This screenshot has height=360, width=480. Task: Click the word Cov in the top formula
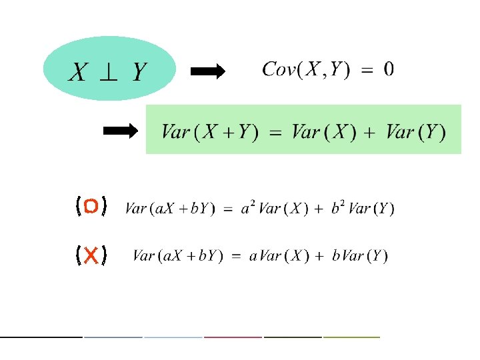click(279, 69)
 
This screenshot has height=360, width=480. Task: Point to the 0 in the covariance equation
click(389, 69)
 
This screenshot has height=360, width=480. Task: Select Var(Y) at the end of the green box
click(416, 131)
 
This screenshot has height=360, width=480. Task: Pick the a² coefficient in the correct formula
click(247, 207)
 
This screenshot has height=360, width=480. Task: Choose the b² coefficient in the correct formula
click(338, 207)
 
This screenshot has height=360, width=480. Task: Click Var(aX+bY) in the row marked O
click(169, 209)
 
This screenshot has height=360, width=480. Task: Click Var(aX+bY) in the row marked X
click(177, 256)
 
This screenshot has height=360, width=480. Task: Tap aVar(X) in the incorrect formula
click(278, 256)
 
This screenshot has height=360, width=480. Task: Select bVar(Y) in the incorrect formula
click(359, 256)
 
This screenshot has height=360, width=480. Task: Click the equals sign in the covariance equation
click(367, 70)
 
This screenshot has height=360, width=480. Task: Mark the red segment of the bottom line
click(233, 337)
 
